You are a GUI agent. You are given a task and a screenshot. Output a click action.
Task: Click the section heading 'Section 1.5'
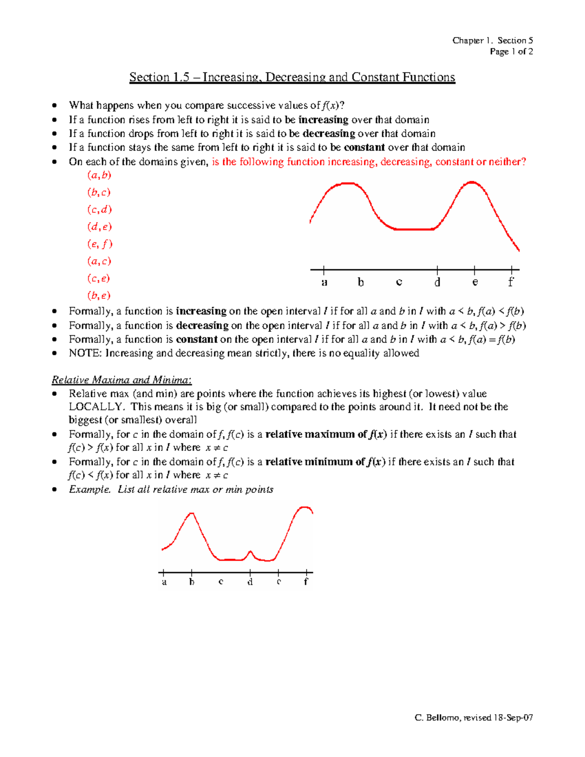click(x=159, y=78)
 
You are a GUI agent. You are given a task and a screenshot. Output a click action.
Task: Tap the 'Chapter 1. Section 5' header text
click(x=492, y=40)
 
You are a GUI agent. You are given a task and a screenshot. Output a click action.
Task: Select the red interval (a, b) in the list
click(x=99, y=175)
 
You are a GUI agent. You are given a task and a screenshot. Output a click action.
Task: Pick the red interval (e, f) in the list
click(x=99, y=244)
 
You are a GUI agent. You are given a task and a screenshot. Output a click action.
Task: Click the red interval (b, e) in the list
click(x=99, y=295)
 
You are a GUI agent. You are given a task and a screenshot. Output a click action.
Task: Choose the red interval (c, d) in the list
click(x=99, y=210)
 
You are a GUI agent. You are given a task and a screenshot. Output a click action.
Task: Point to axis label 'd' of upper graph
click(x=437, y=282)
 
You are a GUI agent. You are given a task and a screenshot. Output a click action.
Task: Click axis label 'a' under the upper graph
click(x=324, y=282)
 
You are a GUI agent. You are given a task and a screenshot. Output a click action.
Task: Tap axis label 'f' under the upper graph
click(x=510, y=282)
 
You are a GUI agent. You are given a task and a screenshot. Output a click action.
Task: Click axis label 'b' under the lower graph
click(x=192, y=582)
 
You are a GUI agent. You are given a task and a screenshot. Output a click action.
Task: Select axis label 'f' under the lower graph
click(x=306, y=582)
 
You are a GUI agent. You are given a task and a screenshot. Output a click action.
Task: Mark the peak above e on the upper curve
click(x=471, y=182)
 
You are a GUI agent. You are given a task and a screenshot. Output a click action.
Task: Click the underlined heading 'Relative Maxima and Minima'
click(x=122, y=380)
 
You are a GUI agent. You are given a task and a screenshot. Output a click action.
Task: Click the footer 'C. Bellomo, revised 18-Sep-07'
click(x=473, y=718)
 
